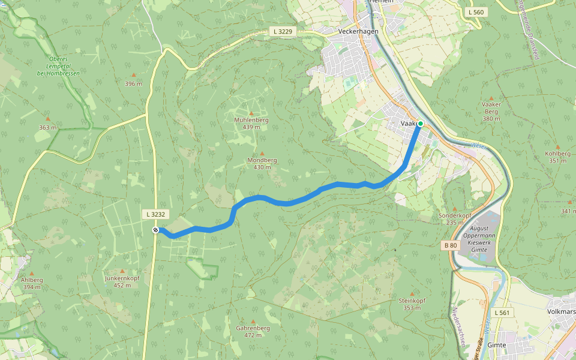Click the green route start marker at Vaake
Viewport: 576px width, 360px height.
coord(420,124)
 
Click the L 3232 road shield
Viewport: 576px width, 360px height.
coord(155,214)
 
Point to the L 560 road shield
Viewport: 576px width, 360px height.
coord(476,12)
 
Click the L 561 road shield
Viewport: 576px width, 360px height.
coord(502,313)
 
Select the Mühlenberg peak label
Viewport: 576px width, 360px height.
coord(251,120)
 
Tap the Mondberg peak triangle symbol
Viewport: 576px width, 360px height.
coord(262,154)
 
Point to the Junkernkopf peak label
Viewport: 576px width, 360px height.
coord(122,278)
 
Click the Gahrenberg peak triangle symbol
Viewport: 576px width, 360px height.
coord(253,322)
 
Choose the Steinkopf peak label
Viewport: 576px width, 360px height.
coord(412,301)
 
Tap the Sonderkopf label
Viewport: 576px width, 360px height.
coord(455,215)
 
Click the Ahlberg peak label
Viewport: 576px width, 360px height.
coord(32,280)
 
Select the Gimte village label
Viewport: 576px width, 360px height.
coord(497,345)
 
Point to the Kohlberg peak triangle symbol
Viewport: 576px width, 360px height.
coord(558,146)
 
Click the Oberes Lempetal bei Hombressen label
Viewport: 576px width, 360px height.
coord(58,65)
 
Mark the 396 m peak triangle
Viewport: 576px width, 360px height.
coord(133,75)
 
